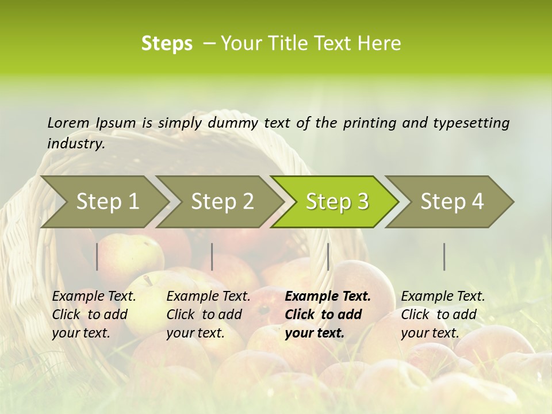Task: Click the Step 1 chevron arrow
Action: coord(108,202)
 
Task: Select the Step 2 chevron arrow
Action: coord(222,202)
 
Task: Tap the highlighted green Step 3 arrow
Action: coord(337,202)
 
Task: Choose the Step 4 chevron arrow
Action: coord(452,202)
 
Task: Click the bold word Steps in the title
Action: coord(167,44)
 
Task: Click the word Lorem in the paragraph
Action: coord(68,122)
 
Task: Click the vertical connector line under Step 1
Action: coord(97,256)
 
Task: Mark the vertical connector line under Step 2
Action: coord(212,256)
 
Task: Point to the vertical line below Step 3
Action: coord(328,256)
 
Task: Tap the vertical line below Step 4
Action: coord(444,256)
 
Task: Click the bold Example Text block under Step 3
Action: coord(328,315)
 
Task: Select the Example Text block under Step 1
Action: coord(94,315)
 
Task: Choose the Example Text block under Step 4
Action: coord(443,315)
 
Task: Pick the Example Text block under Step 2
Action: coord(208,315)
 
